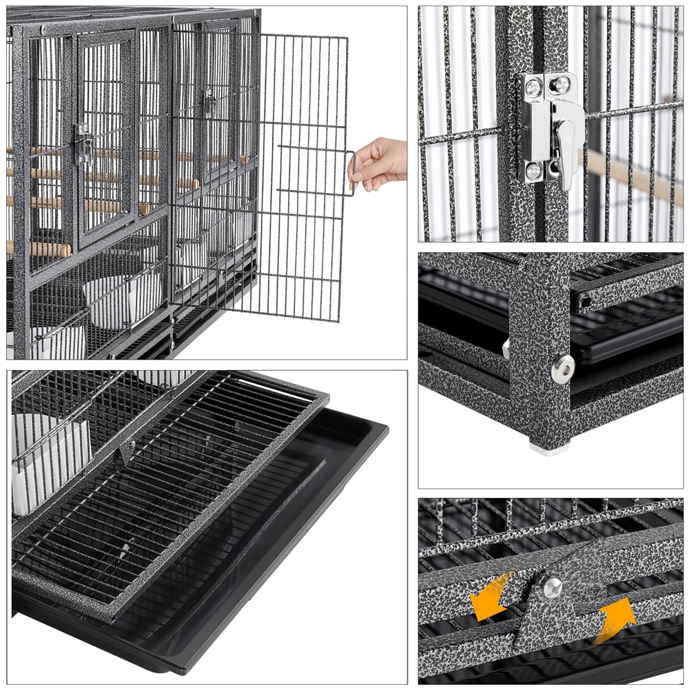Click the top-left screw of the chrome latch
pos(533,87)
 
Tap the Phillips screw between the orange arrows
pos(551,587)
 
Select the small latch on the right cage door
pos(207,101)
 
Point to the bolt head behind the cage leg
pos(506,349)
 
